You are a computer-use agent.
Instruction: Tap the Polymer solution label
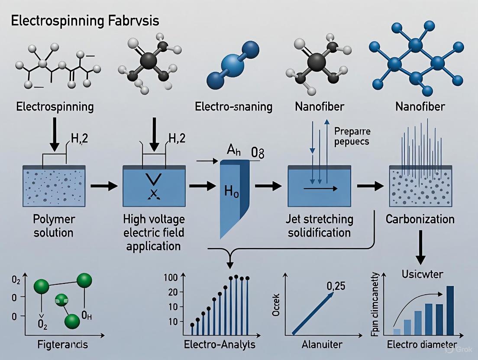(x=54, y=225)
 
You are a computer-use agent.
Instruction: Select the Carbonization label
(x=420, y=219)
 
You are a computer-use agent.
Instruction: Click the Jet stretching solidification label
(x=320, y=225)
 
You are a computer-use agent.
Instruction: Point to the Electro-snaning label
(x=233, y=106)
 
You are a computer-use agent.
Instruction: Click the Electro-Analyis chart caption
(x=220, y=345)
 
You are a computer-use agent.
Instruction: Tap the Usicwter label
(x=420, y=273)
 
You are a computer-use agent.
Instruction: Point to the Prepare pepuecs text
(x=352, y=136)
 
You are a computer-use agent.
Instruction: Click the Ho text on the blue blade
(x=232, y=191)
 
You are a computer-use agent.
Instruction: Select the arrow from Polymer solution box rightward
(x=104, y=186)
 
